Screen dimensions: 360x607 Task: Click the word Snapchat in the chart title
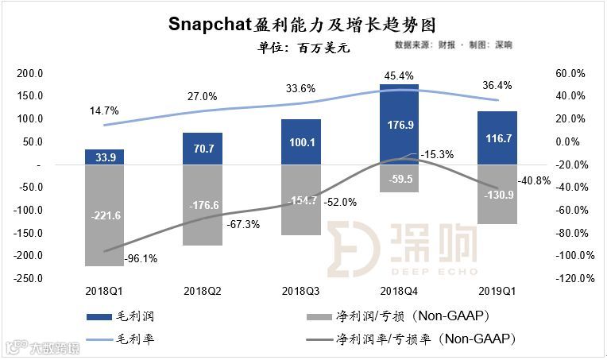pos(210,24)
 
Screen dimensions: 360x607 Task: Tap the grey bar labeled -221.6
pos(105,215)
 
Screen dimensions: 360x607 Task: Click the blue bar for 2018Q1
pos(105,157)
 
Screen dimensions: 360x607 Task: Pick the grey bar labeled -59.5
pos(399,179)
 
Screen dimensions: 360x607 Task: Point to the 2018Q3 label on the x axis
pos(301,291)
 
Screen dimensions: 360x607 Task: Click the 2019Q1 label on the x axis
pos(497,291)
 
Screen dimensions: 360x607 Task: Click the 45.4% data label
pos(399,77)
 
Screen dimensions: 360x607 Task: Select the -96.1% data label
pos(141,258)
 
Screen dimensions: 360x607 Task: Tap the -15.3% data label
pos(437,154)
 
